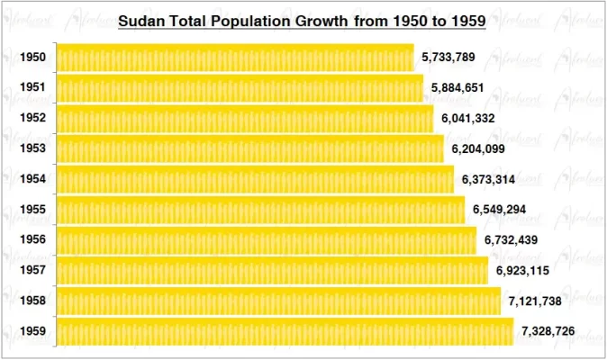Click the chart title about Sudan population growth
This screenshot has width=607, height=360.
point(303,21)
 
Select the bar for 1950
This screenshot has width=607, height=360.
point(235,58)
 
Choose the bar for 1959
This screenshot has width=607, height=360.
point(285,331)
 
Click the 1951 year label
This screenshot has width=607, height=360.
point(32,88)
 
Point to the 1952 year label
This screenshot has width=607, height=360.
point(32,119)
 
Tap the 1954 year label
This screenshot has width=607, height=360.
point(32,179)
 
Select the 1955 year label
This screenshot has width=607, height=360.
point(32,210)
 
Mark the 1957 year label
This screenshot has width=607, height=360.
point(32,270)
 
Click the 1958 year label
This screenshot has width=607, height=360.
point(32,301)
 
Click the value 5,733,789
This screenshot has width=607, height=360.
point(448,58)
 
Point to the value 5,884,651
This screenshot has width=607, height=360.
point(458,88)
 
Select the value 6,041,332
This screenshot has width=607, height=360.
point(467,119)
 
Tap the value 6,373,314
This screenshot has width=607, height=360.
point(488,179)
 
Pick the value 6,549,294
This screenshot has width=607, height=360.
point(499,210)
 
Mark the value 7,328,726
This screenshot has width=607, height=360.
point(548,331)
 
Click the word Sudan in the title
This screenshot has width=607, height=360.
point(144,21)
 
